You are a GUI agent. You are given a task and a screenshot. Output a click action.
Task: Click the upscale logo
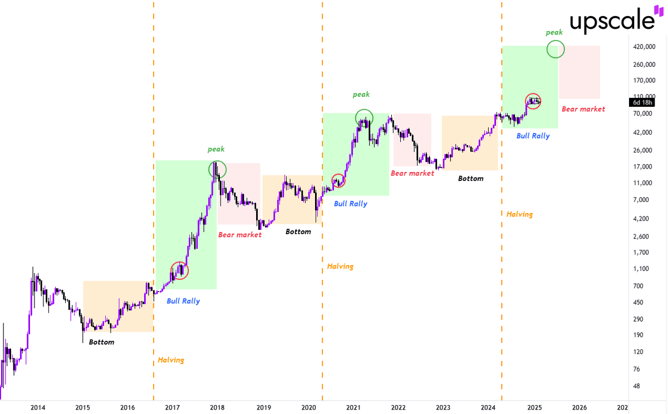[x=611, y=21]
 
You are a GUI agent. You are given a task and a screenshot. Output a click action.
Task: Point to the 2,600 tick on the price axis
[x=642, y=236]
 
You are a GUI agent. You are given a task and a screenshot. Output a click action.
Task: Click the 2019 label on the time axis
[x=263, y=408]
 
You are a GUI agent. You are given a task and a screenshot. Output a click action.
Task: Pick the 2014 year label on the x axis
[x=38, y=408]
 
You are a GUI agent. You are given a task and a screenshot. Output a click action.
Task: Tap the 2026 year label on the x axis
[x=579, y=408]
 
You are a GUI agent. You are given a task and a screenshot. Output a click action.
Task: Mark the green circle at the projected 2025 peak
[x=556, y=49]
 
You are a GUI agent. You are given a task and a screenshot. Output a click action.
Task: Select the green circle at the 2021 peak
[x=364, y=117]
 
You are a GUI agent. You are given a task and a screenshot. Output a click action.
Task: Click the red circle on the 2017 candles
[x=180, y=270]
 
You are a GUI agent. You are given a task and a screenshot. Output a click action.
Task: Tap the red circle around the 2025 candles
[x=533, y=101]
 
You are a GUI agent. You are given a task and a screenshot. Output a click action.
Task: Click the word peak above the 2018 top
[x=216, y=149]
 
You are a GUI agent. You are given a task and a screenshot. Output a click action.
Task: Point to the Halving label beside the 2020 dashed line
[x=340, y=267]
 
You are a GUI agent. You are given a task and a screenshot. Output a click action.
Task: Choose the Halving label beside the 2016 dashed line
[x=170, y=360]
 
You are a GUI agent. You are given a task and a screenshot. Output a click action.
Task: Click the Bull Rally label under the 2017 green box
[x=183, y=301]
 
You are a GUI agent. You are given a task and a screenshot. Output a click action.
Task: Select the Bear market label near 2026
[x=583, y=109]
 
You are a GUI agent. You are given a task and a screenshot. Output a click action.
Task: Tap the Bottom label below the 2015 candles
[x=101, y=342]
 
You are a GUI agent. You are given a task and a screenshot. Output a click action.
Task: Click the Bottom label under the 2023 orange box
[x=470, y=179]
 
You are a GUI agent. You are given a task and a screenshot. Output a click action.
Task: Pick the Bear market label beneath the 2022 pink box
[x=412, y=174]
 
